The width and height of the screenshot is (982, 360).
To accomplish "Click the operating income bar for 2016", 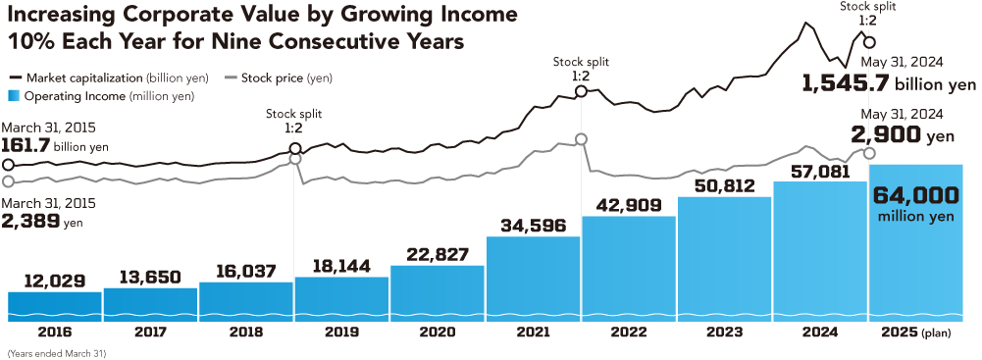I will [x=54, y=305].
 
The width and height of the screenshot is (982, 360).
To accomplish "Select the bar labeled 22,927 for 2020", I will [x=437, y=292].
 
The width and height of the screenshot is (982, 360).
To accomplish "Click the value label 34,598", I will [x=533, y=225].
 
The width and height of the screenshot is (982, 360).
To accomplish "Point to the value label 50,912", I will [x=724, y=185].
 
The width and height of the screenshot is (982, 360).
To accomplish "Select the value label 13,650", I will [x=150, y=276].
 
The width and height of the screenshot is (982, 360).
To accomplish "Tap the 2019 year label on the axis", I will [x=341, y=334].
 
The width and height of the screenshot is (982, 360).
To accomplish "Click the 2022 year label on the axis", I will [x=629, y=334].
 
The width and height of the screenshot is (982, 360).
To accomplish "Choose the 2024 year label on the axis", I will [x=820, y=334].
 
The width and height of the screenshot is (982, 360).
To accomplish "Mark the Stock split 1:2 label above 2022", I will [x=581, y=70].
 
